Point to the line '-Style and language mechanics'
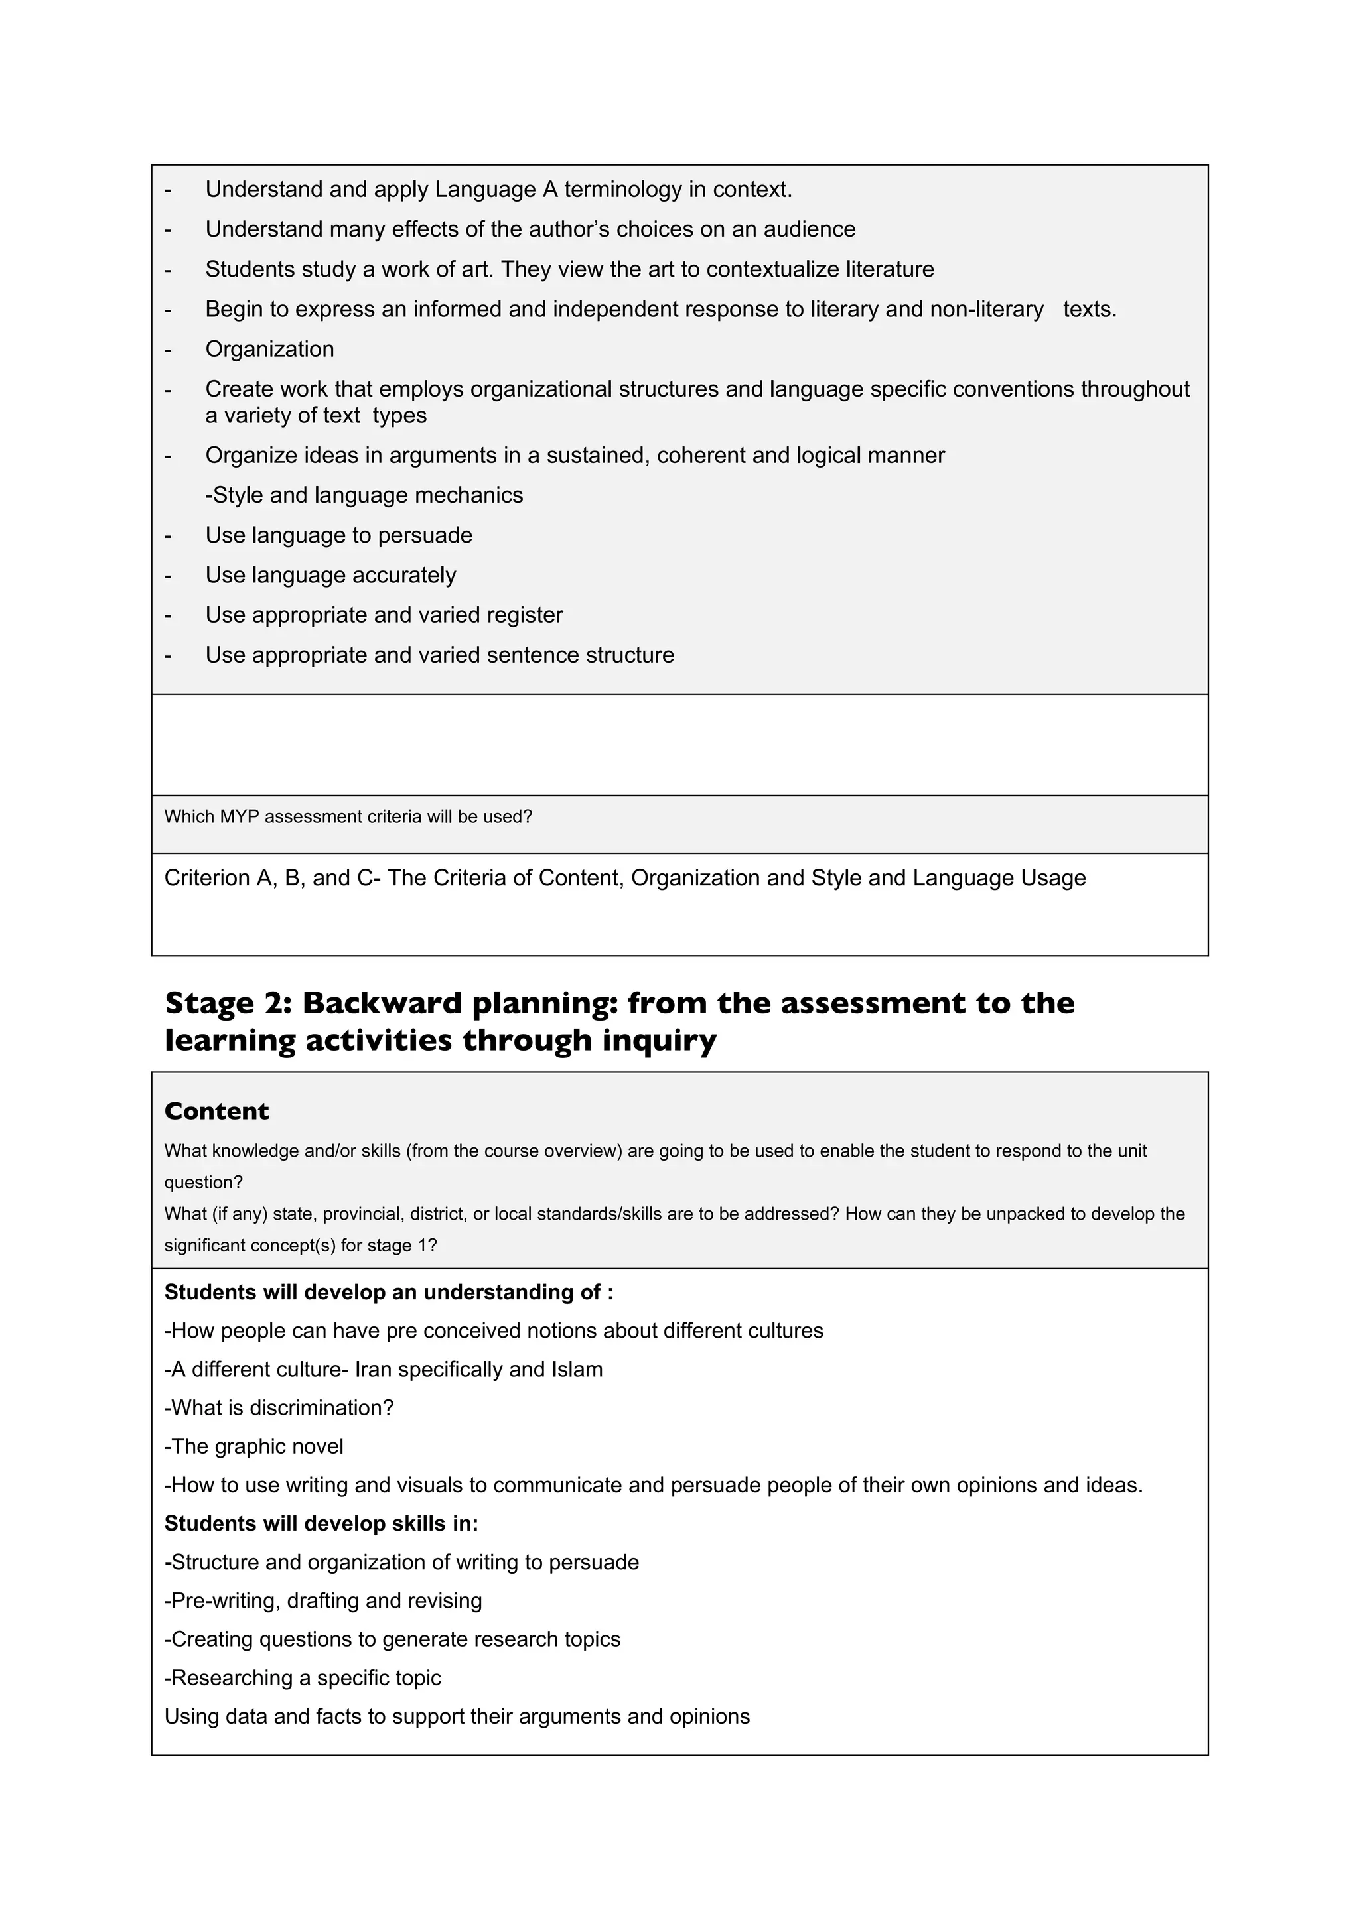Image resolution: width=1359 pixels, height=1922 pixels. (364, 495)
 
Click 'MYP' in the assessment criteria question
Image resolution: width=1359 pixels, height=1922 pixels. (240, 817)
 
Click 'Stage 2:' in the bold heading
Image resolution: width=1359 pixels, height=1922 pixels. (227, 1003)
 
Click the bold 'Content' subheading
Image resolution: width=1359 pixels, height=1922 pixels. (216, 1111)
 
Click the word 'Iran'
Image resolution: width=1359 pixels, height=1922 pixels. (375, 1370)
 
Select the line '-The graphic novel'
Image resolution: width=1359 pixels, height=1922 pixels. (253, 1446)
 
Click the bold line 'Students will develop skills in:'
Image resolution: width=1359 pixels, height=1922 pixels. (321, 1523)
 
